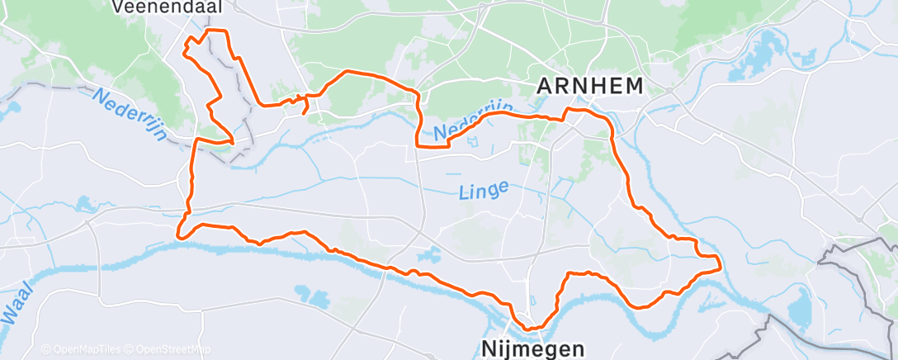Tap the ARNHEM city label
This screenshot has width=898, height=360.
tap(589, 84)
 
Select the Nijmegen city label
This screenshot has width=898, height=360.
tap(535, 348)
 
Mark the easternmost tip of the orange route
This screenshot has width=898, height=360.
tap(721, 266)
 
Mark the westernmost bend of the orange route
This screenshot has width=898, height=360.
tap(177, 235)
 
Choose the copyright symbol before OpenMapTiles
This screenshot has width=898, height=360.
tap(46, 349)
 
